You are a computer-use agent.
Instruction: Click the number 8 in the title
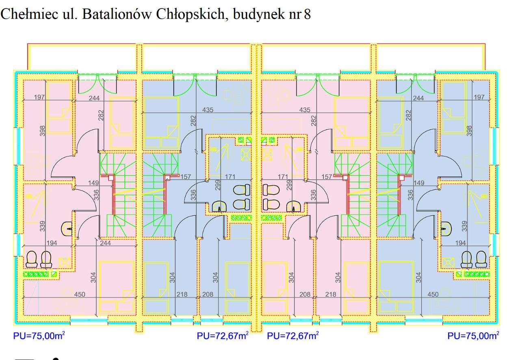(308, 15)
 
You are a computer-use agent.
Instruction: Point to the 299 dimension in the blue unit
(218, 185)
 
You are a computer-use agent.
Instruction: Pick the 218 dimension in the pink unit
(331, 294)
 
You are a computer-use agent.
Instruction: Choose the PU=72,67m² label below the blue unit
(223, 336)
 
